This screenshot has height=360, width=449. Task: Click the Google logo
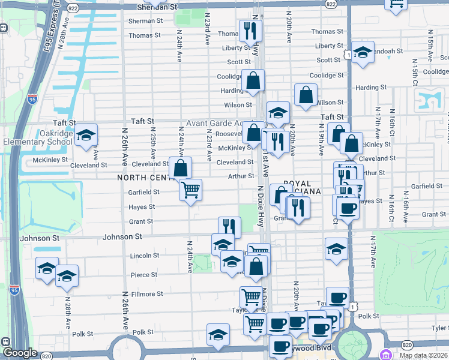20,353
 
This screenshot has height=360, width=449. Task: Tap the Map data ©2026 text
424,355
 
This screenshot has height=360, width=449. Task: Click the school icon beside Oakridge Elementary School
86,136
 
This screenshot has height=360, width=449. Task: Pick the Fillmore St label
147,294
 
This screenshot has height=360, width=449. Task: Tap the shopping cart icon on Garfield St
190,190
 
